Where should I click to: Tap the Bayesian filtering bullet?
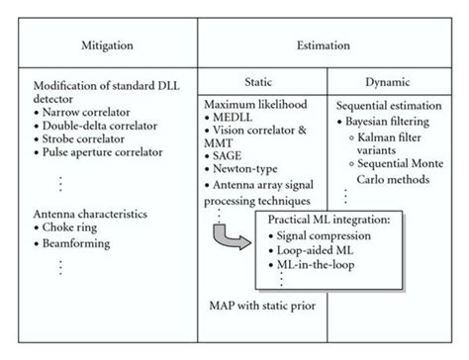pos(397,118)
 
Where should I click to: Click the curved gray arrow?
pos(231,238)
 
